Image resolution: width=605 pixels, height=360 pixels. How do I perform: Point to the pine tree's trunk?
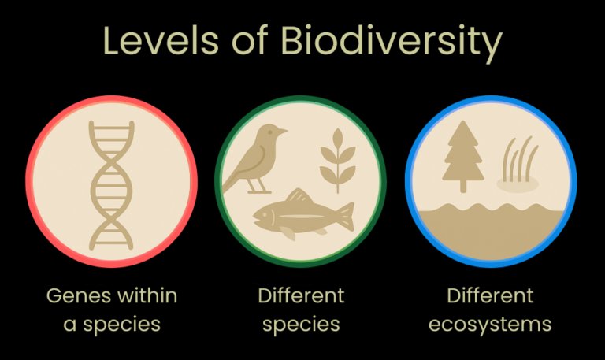(x=463, y=186)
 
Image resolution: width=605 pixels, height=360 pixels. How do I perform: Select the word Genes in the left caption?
(x=75, y=296)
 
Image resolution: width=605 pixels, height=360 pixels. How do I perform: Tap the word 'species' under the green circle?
(x=301, y=325)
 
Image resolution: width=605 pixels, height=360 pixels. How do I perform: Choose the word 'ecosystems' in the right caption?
(x=490, y=325)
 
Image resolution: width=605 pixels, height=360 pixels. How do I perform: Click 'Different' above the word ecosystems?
(x=490, y=296)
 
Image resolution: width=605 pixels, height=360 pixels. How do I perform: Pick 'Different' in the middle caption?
(x=301, y=296)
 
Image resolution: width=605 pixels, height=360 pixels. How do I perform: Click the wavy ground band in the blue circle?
(x=490, y=228)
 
